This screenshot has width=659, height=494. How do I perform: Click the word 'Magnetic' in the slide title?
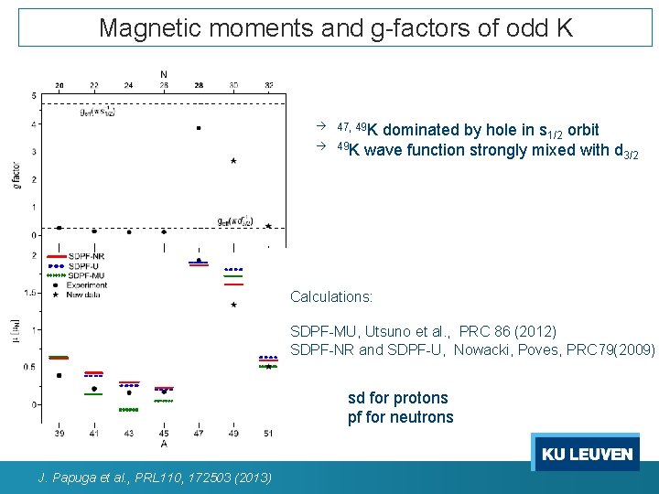pyautogui.click(x=143, y=27)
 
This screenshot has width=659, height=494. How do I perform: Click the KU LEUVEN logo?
pyautogui.click(x=587, y=454)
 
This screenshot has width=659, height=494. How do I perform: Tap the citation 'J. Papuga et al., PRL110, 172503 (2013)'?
pyautogui.click(x=155, y=478)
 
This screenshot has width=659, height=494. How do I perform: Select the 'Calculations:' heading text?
pyautogui.click(x=331, y=297)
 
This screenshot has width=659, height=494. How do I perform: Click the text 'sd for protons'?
pyautogui.click(x=398, y=398)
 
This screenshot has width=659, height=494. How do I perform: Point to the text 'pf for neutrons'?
pyautogui.click(x=400, y=417)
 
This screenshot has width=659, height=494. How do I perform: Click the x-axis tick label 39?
pyautogui.click(x=59, y=433)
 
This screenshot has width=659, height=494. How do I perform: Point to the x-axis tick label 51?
pyautogui.click(x=268, y=433)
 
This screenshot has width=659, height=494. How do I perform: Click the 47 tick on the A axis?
pyautogui.click(x=199, y=433)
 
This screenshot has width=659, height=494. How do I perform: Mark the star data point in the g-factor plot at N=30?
pyautogui.click(x=234, y=161)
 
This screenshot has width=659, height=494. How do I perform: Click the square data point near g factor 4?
pyautogui.click(x=199, y=128)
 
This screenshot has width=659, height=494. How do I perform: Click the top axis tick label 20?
pyautogui.click(x=59, y=85)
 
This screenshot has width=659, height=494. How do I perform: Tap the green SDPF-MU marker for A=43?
pyautogui.click(x=128, y=410)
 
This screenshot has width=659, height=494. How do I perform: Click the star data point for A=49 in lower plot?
pyautogui.click(x=234, y=305)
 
